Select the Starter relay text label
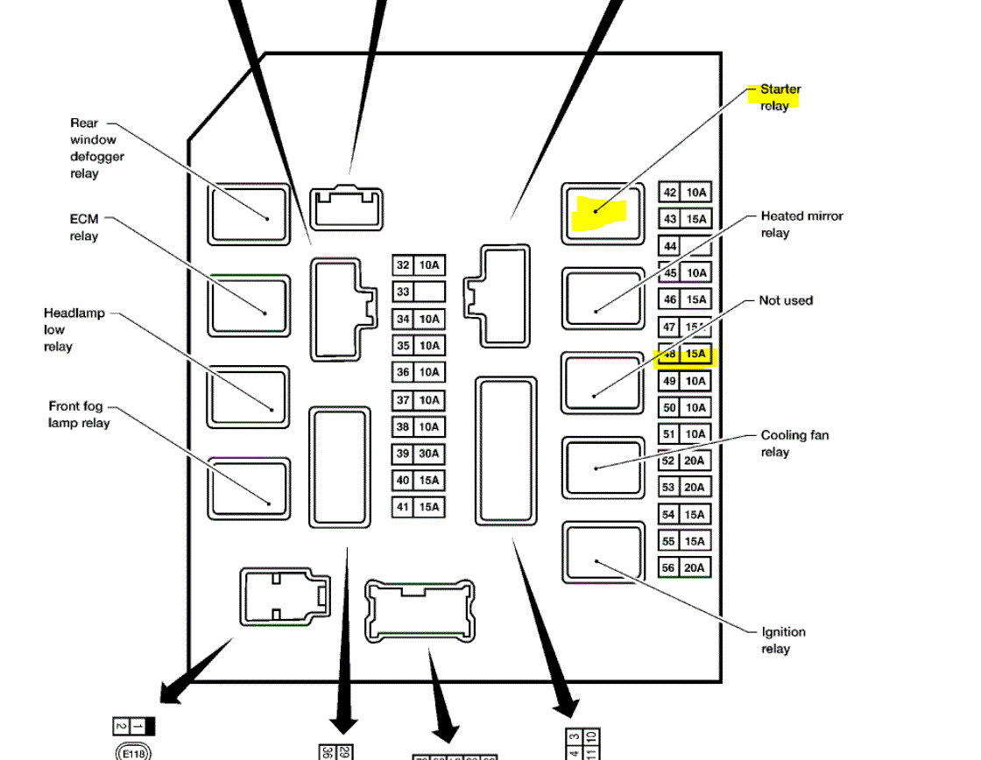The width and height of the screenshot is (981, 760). click(x=779, y=97)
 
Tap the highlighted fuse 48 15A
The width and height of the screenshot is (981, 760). click(x=685, y=355)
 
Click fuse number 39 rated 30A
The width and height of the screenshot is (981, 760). click(x=418, y=454)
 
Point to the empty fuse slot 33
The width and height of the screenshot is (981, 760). click(x=418, y=292)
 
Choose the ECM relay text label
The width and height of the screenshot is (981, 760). click(x=84, y=228)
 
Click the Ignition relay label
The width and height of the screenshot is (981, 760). click(x=782, y=640)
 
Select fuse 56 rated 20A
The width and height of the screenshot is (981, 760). click(x=684, y=568)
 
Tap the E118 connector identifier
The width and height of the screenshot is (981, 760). click(x=133, y=751)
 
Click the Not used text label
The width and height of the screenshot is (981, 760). click(x=785, y=300)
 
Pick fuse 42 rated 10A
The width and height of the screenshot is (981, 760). click(x=684, y=193)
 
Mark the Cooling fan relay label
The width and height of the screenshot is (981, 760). click(x=794, y=443)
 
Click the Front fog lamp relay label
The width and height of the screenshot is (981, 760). click(x=79, y=414)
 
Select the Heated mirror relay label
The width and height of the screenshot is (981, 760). click(x=801, y=224)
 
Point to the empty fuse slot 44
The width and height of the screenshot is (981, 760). click(x=684, y=247)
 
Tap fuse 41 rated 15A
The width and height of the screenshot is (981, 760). click(x=418, y=507)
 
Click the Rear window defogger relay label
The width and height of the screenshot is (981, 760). click(x=96, y=148)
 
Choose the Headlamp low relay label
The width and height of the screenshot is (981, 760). click(x=74, y=329)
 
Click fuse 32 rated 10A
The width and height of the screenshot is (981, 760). click(x=418, y=265)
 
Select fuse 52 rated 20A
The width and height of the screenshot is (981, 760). click(x=684, y=461)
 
